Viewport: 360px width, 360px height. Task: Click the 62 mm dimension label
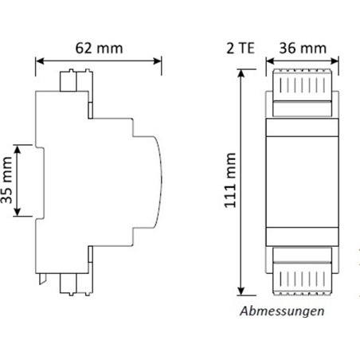99,49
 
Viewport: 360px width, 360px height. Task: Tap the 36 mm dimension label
303,49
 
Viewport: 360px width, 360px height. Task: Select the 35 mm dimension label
7,181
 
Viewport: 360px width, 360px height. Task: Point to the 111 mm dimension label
230,180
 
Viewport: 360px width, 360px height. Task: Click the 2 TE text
241,49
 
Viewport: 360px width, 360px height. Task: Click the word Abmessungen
282,311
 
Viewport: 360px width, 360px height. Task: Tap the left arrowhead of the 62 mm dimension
40,61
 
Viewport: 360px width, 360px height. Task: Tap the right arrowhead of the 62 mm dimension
157,61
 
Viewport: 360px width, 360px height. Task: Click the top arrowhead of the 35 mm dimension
18,150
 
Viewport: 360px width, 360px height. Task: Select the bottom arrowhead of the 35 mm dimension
18,212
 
